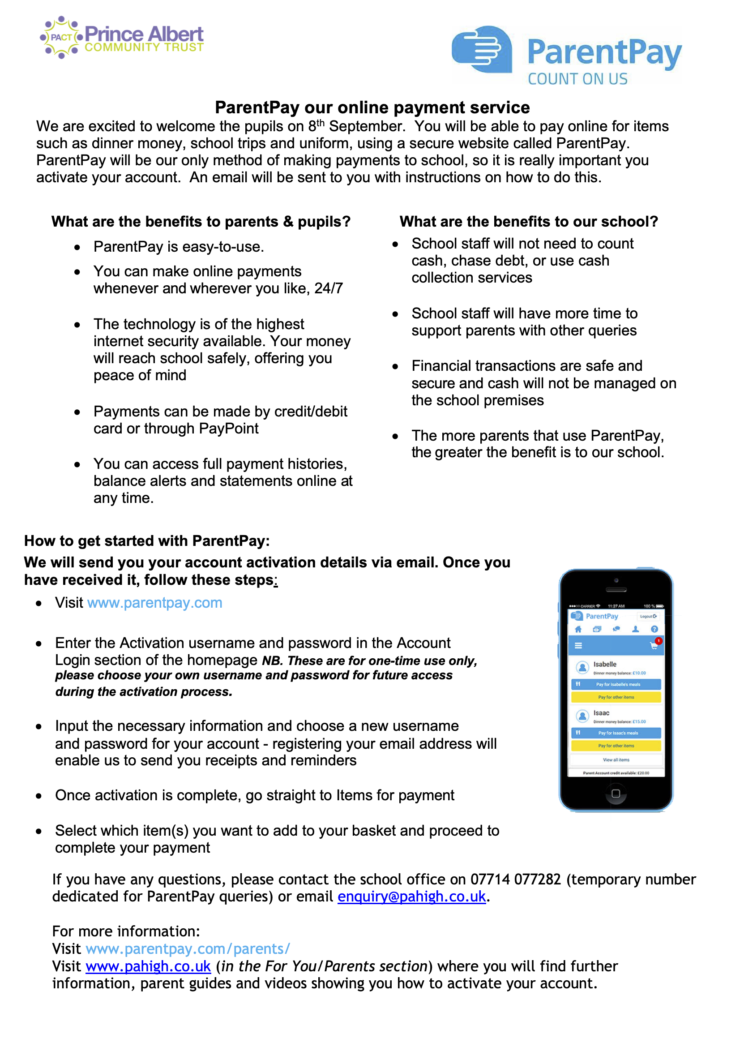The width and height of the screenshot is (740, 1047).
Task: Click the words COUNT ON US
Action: click(577, 79)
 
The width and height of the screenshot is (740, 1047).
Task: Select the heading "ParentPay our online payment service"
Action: click(372, 107)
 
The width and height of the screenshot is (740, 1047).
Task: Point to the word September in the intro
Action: click(366, 126)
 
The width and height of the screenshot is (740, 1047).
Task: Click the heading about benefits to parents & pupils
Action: click(201, 222)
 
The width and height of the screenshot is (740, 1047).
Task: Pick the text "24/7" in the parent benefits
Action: click(328, 289)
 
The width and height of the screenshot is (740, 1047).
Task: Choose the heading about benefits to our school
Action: click(528, 222)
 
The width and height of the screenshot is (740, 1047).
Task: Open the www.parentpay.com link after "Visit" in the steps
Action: click(154, 603)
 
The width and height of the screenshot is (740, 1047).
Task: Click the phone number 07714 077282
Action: click(515, 879)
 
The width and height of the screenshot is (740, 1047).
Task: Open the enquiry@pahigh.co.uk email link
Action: click(411, 897)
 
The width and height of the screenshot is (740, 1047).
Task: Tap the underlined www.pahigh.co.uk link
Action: click(148, 966)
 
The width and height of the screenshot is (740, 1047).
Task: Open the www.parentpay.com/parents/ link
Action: click(188, 949)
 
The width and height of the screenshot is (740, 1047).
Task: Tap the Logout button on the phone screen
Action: click(648, 617)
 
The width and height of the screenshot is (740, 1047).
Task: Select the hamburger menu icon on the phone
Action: click(578, 646)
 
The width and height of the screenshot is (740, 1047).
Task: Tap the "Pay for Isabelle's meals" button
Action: click(616, 684)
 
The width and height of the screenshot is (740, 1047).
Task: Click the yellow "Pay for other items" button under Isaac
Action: click(616, 746)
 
